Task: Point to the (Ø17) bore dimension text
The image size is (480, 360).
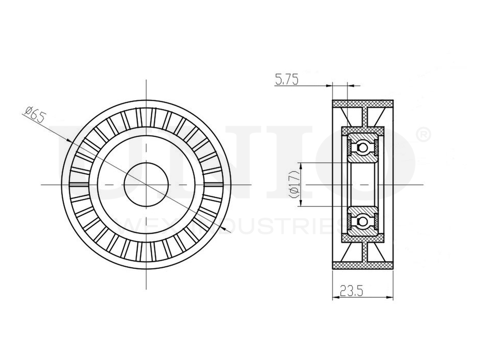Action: point(294,185)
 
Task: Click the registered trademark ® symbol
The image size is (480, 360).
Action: point(424,135)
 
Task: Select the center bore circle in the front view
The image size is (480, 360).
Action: point(146,184)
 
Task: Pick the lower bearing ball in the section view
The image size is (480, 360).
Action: point(363,220)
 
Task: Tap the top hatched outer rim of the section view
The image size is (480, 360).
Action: point(363,104)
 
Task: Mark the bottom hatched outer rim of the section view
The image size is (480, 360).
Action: point(363,264)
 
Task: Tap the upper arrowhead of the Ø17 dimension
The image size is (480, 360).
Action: point(301,165)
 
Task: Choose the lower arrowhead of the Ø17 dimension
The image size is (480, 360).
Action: point(301,204)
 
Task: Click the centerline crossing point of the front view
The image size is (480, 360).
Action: point(146,184)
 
